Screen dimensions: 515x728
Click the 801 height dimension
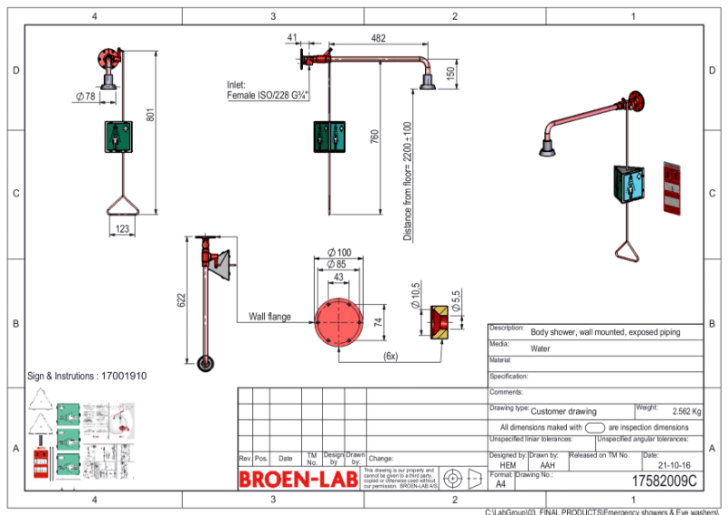click(151, 116)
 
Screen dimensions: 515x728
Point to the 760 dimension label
click(375, 136)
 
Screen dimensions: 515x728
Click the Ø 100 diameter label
click(339, 252)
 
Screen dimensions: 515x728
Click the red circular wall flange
click(339, 321)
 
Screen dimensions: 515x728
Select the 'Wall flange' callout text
click(270, 318)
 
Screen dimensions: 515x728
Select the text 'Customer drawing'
click(563, 411)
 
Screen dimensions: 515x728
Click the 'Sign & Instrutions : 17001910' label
click(86, 375)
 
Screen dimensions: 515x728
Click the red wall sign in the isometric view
click(672, 189)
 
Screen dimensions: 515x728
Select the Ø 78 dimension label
click(85, 96)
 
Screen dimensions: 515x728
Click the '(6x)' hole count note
click(389, 356)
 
